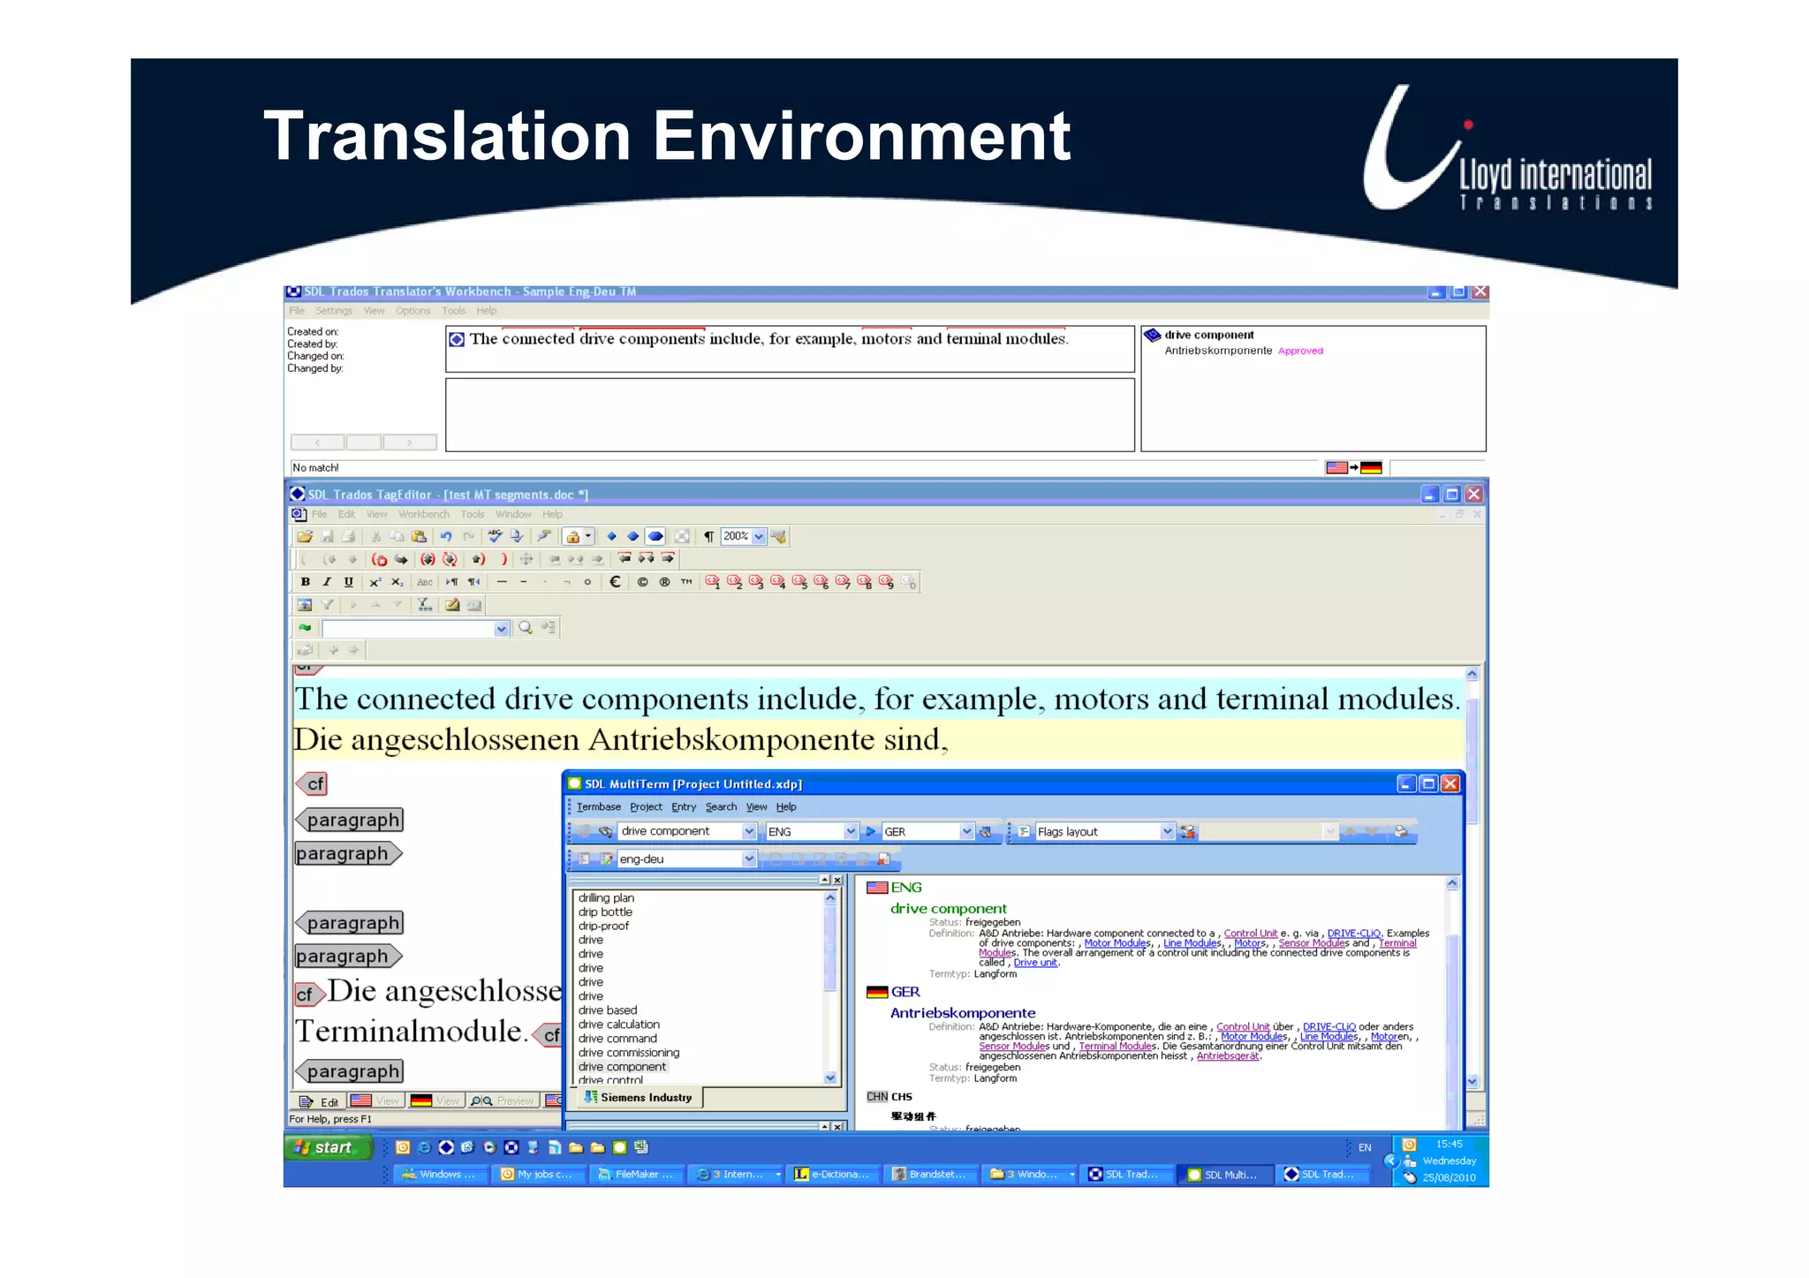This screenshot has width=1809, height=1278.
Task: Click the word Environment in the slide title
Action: point(861,137)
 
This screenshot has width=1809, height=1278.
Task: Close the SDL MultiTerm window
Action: point(1450,783)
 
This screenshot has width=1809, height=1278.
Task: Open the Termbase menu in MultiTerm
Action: point(598,806)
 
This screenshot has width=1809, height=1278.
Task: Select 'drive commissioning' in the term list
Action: point(628,1053)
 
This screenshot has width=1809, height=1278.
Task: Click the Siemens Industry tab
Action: point(643,1098)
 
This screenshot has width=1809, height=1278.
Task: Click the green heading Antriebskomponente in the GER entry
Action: point(962,1013)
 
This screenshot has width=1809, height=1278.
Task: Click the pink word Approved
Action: point(1300,351)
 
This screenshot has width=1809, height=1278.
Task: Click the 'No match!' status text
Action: point(315,468)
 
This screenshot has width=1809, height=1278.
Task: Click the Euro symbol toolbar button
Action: point(615,582)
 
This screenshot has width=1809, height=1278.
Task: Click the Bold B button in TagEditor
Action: point(306,582)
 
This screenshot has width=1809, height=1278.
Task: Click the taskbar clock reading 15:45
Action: point(1449,1145)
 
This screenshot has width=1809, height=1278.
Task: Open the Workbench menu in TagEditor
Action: point(423,514)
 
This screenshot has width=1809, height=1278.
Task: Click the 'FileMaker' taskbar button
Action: point(636,1174)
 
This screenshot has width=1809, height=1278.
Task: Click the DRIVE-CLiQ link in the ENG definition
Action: point(1353,933)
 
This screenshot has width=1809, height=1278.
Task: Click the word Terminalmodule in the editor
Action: point(410,1032)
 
